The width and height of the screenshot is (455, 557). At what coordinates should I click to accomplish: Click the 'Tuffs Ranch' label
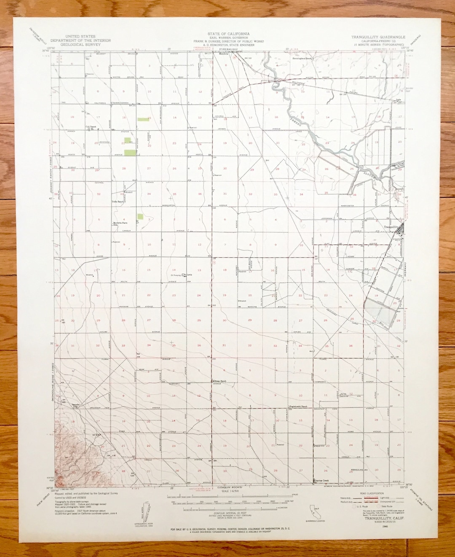click(118, 202)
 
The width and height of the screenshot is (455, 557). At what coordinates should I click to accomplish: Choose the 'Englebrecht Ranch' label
click(298, 406)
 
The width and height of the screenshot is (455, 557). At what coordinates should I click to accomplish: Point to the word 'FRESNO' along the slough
click(297, 122)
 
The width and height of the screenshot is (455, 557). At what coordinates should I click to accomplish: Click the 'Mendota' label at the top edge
click(223, 54)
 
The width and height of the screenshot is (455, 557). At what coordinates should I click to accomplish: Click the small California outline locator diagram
click(314, 510)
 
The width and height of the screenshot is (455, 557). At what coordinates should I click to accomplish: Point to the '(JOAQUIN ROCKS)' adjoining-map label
click(230, 487)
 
